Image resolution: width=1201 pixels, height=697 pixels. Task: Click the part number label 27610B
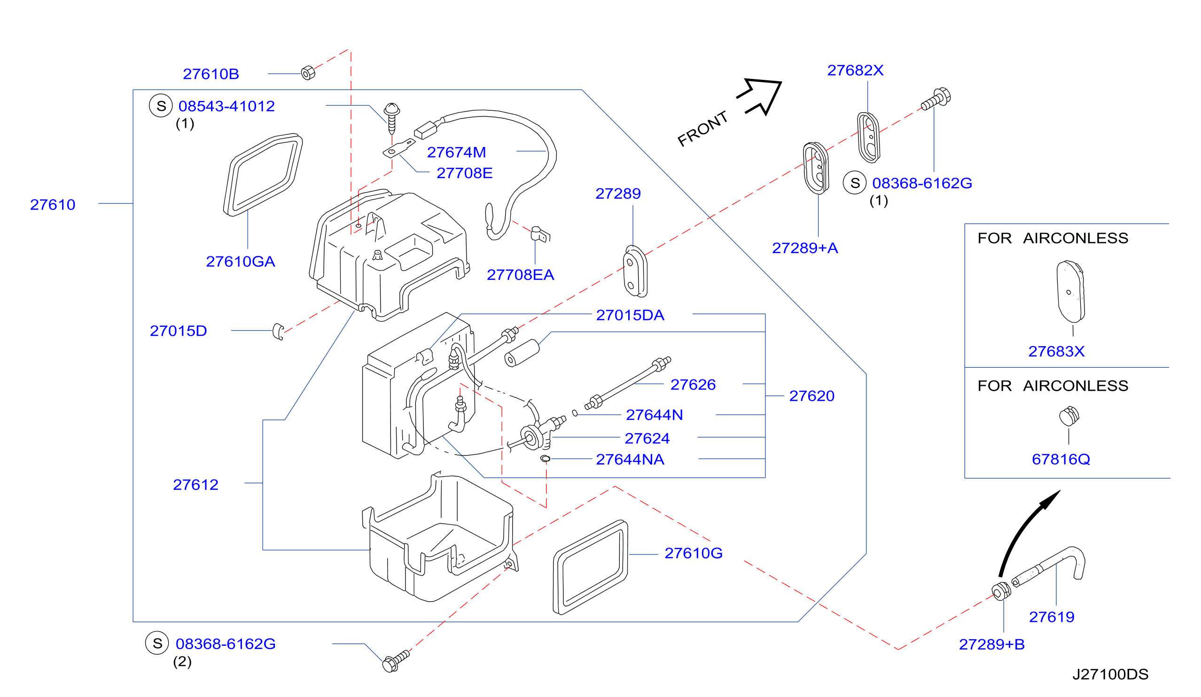211,74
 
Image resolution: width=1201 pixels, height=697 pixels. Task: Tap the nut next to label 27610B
308,73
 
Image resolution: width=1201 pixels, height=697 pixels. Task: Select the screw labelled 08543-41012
392,118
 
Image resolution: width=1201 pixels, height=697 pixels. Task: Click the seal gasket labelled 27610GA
263,174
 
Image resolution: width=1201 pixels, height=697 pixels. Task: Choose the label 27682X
855,70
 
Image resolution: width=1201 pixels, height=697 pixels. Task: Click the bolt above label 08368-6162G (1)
936,99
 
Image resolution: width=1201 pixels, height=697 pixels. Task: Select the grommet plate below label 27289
635,271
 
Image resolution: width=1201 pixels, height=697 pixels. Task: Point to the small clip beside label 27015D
278,332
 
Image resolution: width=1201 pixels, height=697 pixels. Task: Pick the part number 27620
811,396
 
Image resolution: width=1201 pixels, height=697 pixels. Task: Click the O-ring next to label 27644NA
545,459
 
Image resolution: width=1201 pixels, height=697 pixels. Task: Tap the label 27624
647,438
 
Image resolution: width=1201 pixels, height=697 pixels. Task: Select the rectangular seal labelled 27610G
591,567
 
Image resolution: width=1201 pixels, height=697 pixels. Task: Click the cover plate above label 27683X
1070,292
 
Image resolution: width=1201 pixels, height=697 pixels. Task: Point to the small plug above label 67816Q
1069,416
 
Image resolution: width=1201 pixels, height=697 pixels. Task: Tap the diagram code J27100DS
1110,674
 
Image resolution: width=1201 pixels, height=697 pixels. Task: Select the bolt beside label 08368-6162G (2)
396,661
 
